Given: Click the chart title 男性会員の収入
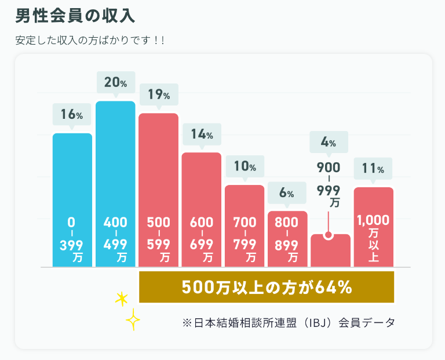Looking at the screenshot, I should click(76, 16).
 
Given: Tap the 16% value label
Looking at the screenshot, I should click(72, 115).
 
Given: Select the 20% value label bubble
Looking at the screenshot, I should click(115, 83).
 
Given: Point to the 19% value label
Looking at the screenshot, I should click(158, 94).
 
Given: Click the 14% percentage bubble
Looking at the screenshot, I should click(202, 135).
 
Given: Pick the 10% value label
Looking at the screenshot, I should click(245, 167).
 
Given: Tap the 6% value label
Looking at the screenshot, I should click(287, 193).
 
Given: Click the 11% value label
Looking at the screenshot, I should click(373, 169).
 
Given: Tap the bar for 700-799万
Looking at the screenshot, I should click(245, 203).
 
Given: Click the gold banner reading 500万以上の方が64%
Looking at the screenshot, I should click(267, 287).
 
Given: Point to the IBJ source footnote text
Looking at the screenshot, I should click(288, 322).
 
